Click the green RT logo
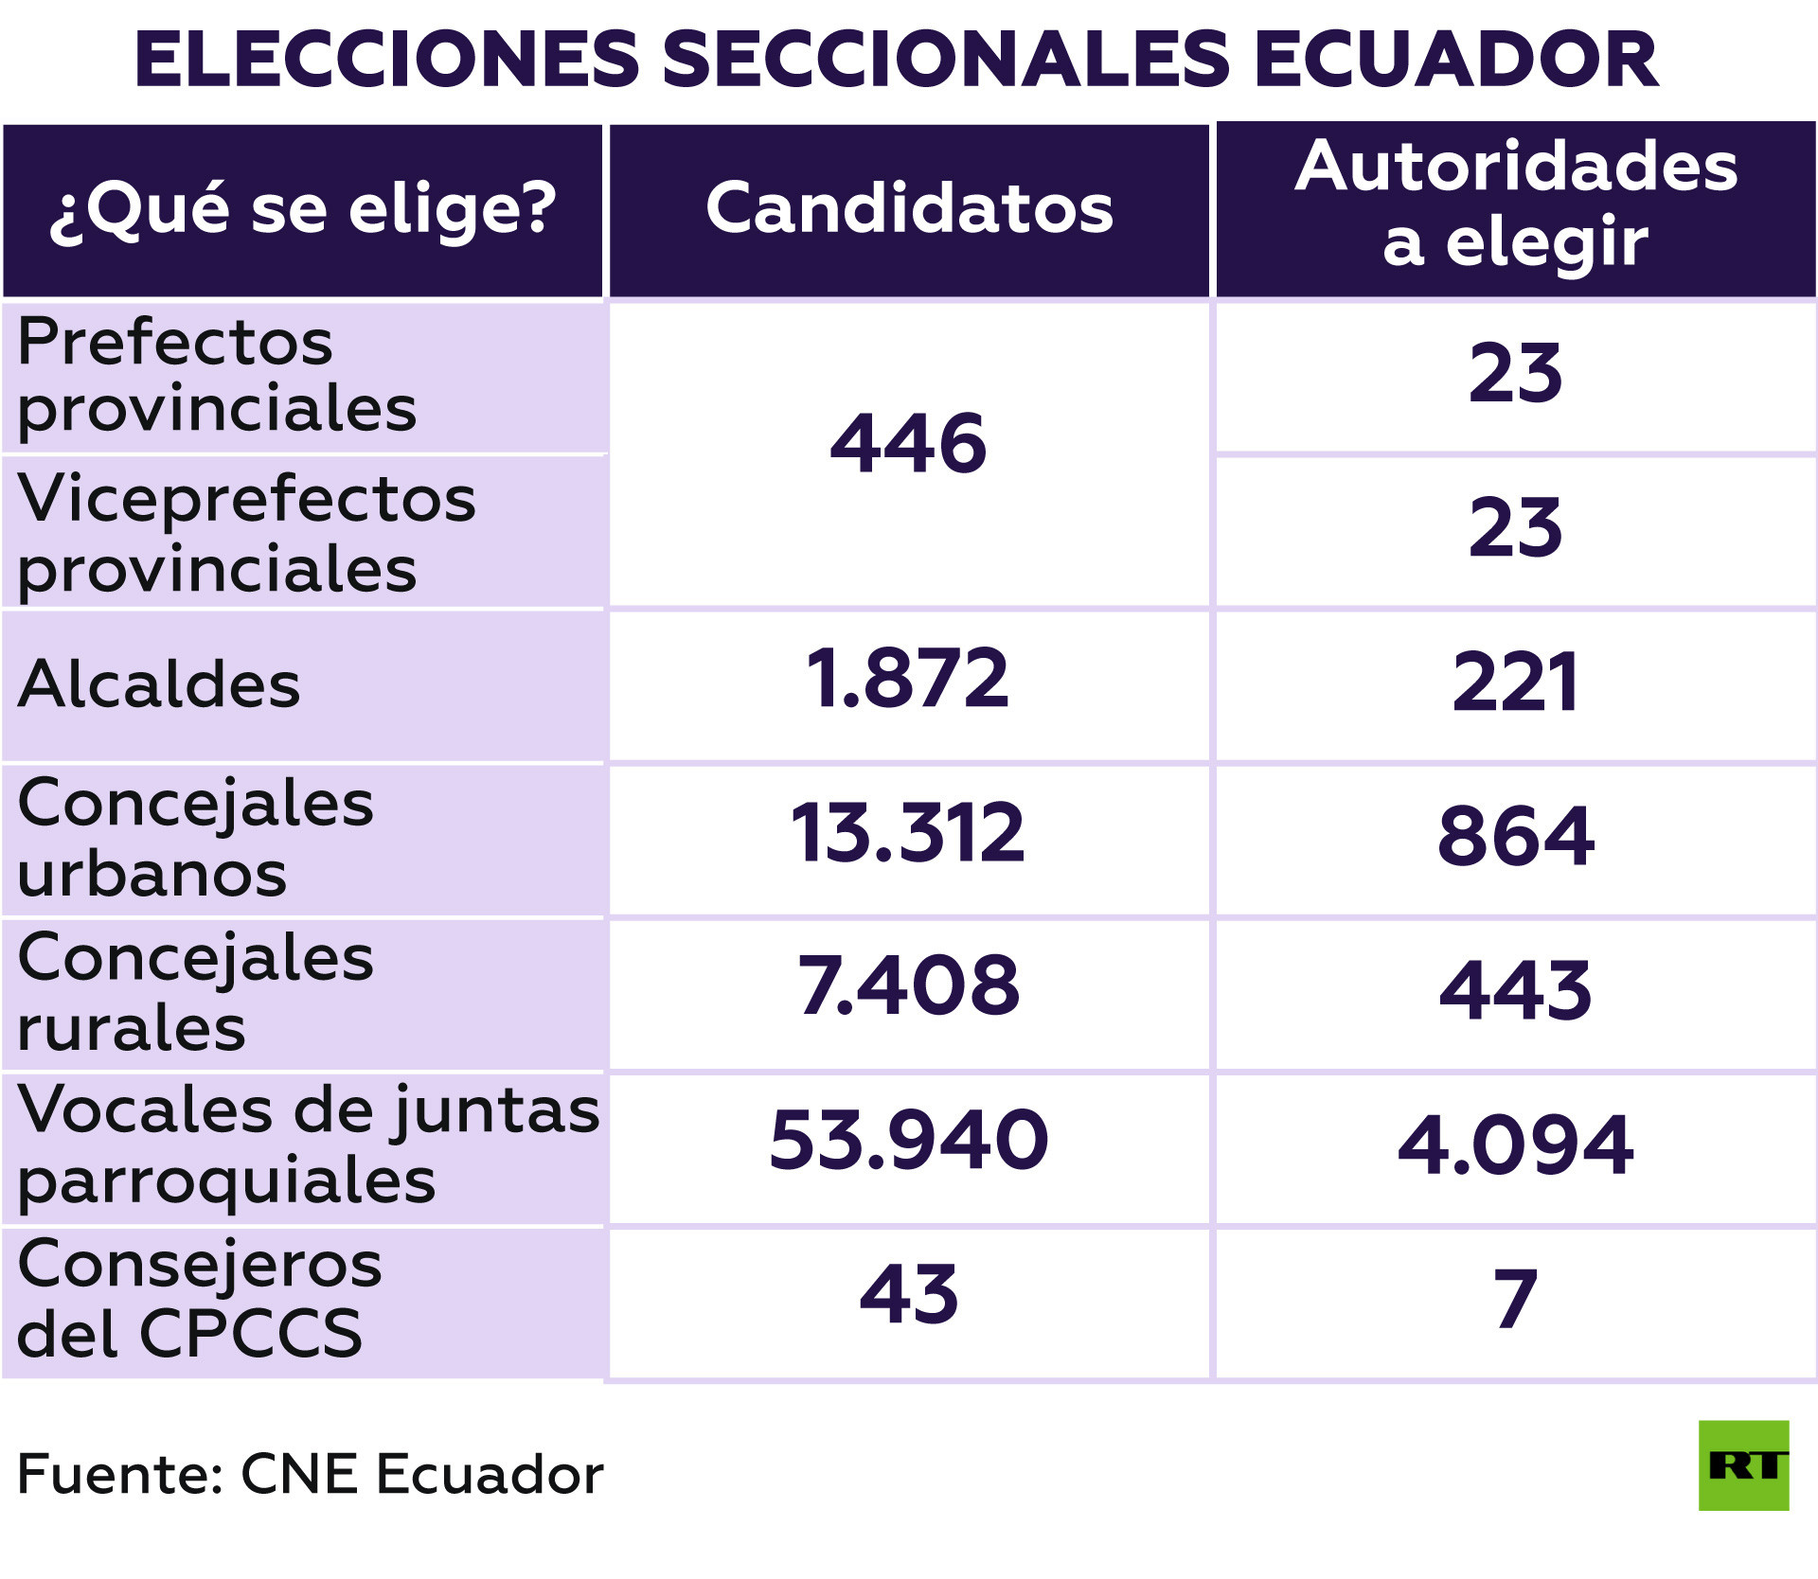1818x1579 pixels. pos(1743,1465)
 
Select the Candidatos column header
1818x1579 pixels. pos(909,208)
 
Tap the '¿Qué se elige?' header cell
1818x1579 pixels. pos(303,209)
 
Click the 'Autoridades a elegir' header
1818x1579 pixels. pos(1515,204)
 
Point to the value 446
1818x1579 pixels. pos(908,443)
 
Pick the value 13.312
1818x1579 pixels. pos(908,833)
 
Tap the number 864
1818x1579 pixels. pos(1515,836)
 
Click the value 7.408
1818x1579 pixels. pos(908,985)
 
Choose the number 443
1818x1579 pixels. pos(1515,990)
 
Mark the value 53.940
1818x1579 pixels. pos(908,1140)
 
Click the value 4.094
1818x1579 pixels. pos(1515,1145)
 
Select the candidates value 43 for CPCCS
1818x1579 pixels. pos(908,1295)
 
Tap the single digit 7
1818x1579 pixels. pos(1515,1299)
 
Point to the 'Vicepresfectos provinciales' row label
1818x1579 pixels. pos(246,533)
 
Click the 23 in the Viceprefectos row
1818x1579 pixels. pos(1515,528)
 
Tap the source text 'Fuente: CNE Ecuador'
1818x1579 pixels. pos(310,1474)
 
